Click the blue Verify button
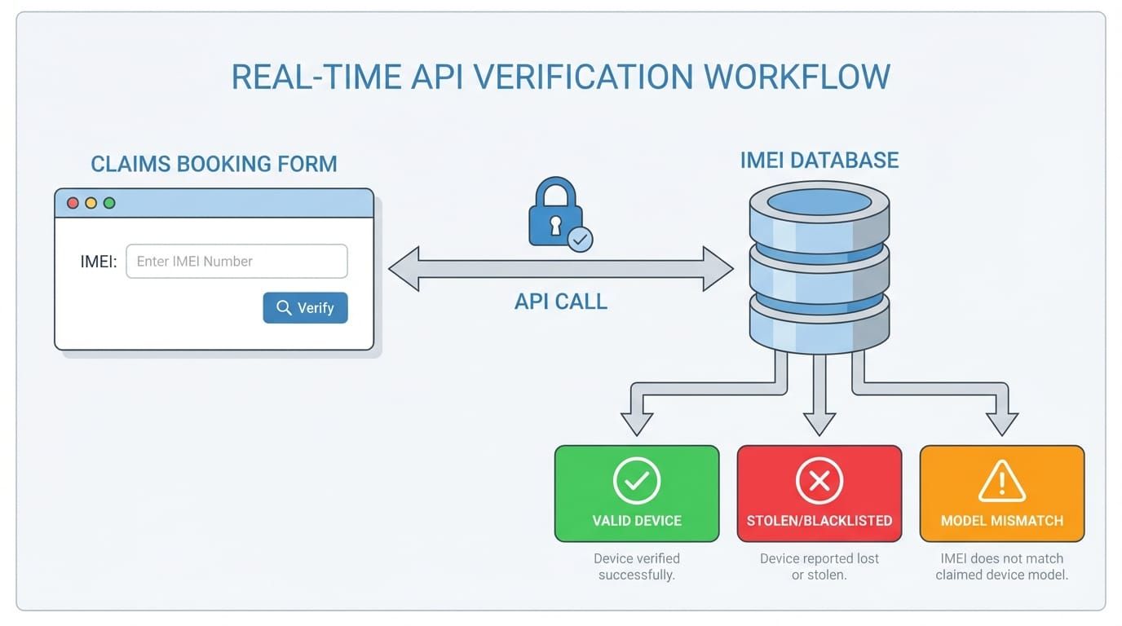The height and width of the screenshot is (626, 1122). tap(305, 307)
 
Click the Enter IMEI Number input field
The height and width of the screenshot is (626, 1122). tap(236, 262)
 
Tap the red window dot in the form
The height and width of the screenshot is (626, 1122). tap(73, 203)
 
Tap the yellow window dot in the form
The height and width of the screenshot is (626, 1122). tap(91, 203)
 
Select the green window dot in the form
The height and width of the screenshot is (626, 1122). tap(109, 203)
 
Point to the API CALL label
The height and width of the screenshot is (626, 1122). tap(561, 302)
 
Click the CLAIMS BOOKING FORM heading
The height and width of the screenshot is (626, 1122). tap(214, 164)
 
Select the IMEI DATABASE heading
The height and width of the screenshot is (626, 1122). tap(819, 160)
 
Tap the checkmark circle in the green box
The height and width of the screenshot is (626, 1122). tap(636, 481)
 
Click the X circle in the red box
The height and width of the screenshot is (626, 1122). tap(819, 481)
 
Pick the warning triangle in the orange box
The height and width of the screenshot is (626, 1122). tap(1001, 481)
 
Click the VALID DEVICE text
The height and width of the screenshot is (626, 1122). tap(636, 520)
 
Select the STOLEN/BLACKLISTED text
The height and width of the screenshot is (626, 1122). tap(819, 520)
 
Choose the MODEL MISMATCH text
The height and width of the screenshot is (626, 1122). tap(1001, 520)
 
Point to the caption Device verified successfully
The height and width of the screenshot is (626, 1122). tap(636, 566)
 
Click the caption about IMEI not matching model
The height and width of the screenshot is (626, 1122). tap(1001, 566)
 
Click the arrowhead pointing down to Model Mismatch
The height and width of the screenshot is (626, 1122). tap(1001, 422)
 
